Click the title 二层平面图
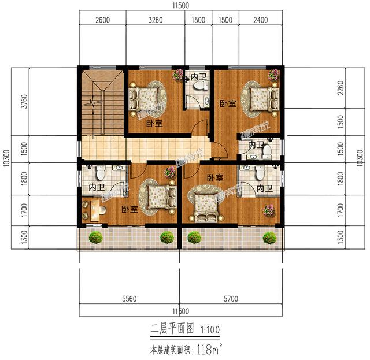coord(169,329)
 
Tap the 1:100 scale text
coord(209,329)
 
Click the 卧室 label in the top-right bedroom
coord(227,104)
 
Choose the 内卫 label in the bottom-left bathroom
coord(97,187)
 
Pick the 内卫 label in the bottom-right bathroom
coord(264,188)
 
